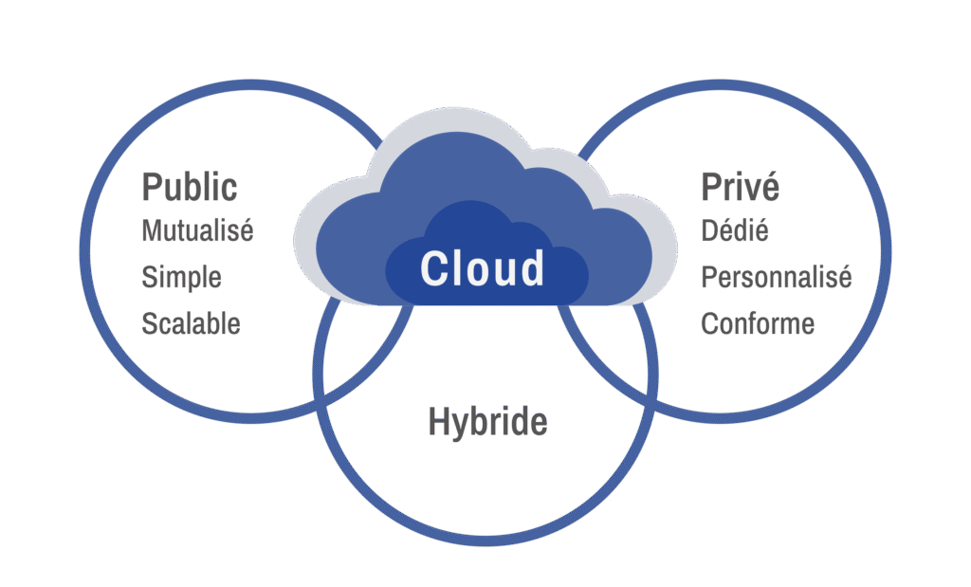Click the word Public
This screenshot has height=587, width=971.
[x=190, y=187]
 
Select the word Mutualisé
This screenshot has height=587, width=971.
[x=197, y=230]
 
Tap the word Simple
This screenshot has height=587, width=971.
[x=181, y=278]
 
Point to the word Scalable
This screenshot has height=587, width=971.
[x=191, y=323]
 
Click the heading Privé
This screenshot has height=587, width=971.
[x=740, y=186]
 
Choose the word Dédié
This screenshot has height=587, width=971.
[x=735, y=230]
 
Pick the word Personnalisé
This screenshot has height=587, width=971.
[x=777, y=277]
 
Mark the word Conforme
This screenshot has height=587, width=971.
[x=758, y=323]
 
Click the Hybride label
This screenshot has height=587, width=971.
[x=488, y=422]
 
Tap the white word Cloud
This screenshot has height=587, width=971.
[x=483, y=268]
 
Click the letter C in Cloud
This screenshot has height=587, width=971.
[x=434, y=268]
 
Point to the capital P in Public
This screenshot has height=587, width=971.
[x=152, y=187]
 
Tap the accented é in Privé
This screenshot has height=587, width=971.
[x=770, y=187]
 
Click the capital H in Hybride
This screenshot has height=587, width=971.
[x=438, y=421]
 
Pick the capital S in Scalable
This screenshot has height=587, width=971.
[x=149, y=323]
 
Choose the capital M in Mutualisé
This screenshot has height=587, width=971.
[x=153, y=231]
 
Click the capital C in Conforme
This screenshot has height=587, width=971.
[x=709, y=323]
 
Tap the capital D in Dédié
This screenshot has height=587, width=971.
[x=709, y=231]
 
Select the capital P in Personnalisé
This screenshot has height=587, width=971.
[x=709, y=278]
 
